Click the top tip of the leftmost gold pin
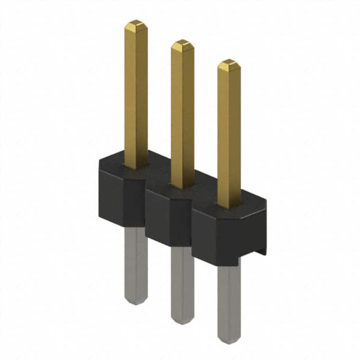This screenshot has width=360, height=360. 136,24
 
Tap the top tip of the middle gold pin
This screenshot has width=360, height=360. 182,44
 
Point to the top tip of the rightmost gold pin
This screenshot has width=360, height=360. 228,64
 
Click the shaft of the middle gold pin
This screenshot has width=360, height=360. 182,112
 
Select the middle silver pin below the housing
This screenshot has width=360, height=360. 182,281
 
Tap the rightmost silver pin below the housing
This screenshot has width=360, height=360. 228,298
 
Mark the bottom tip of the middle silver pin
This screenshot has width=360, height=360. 182,321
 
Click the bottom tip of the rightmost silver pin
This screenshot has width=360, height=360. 228,340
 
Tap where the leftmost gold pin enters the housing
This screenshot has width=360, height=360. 136,165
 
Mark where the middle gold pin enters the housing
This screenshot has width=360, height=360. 182,185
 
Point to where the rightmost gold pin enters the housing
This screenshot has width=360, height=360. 228,205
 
